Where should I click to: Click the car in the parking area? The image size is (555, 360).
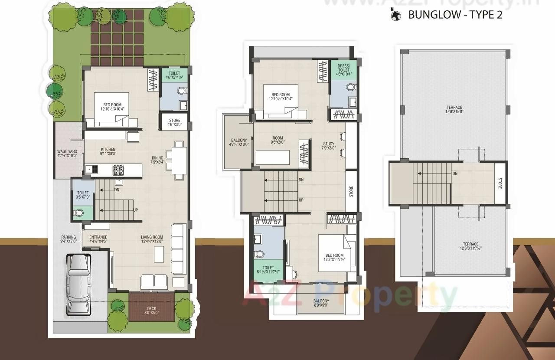click(x=78, y=284)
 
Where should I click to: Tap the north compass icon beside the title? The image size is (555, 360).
click(x=395, y=15)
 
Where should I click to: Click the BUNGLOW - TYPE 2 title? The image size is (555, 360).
click(x=455, y=15)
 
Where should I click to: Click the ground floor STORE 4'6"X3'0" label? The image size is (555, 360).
click(x=174, y=122)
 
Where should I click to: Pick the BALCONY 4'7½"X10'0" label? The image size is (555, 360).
click(x=240, y=142)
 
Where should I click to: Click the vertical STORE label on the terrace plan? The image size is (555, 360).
click(x=500, y=183)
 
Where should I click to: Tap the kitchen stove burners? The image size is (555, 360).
click(x=118, y=170)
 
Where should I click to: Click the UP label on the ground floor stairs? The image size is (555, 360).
click(x=136, y=210)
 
